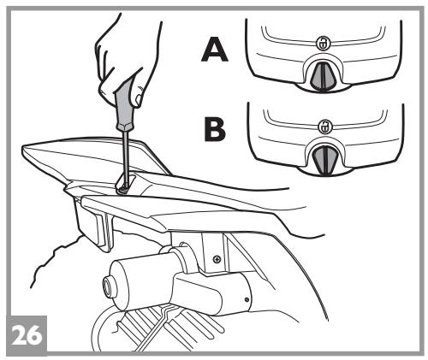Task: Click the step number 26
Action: (x=27, y=335)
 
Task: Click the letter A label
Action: (x=215, y=50)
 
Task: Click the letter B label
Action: (x=215, y=130)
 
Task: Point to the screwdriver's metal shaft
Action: (x=126, y=158)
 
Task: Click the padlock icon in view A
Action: (x=323, y=44)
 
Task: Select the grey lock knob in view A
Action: (x=323, y=76)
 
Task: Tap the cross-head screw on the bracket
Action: (x=217, y=259)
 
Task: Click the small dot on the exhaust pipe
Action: (x=247, y=299)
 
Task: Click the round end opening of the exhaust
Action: (x=109, y=286)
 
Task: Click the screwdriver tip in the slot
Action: (x=122, y=189)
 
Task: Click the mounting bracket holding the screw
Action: (x=215, y=252)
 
